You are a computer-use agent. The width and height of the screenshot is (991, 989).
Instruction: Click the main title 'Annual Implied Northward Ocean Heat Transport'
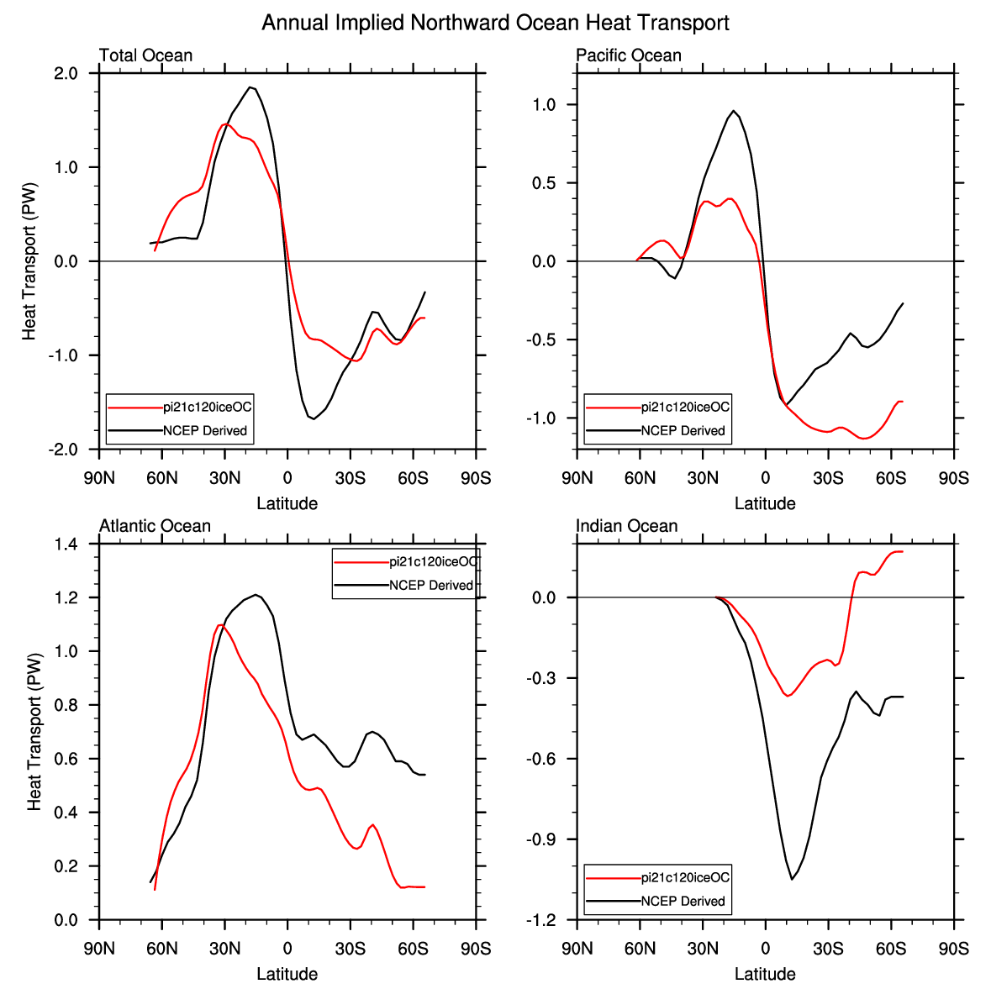pyautogui.click(x=495, y=23)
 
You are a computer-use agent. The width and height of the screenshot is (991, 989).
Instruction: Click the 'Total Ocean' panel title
pyautogui.click(x=145, y=55)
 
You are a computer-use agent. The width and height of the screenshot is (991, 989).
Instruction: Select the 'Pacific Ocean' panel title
pyautogui.click(x=628, y=55)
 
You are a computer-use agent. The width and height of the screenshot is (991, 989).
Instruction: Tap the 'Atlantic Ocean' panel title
pyautogui.click(x=155, y=526)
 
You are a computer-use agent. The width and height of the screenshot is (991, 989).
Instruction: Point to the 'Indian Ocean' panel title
pyautogui.click(x=626, y=526)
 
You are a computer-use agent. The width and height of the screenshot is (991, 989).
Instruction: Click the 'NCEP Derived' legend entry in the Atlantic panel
pyautogui.click(x=431, y=586)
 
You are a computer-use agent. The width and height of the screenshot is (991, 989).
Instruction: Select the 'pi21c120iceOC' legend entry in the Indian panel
pyautogui.click(x=685, y=877)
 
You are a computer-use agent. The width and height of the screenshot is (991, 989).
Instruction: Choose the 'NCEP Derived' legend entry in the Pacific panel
pyautogui.click(x=683, y=430)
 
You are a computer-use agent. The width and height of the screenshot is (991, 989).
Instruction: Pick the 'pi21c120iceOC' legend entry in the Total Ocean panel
pyautogui.click(x=208, y=407)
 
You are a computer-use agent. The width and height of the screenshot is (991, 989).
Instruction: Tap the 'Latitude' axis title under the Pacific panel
pyautogui.click(x=765, y=503)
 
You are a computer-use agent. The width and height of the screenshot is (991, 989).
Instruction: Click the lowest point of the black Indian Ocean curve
pyautogui.click(x=791, y=879)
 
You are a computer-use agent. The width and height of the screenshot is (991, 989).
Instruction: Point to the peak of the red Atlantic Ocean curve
pyautogui.click(x=221, y=624)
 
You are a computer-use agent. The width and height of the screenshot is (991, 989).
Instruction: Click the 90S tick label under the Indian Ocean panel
pyautogui.click(x=953, y=949)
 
